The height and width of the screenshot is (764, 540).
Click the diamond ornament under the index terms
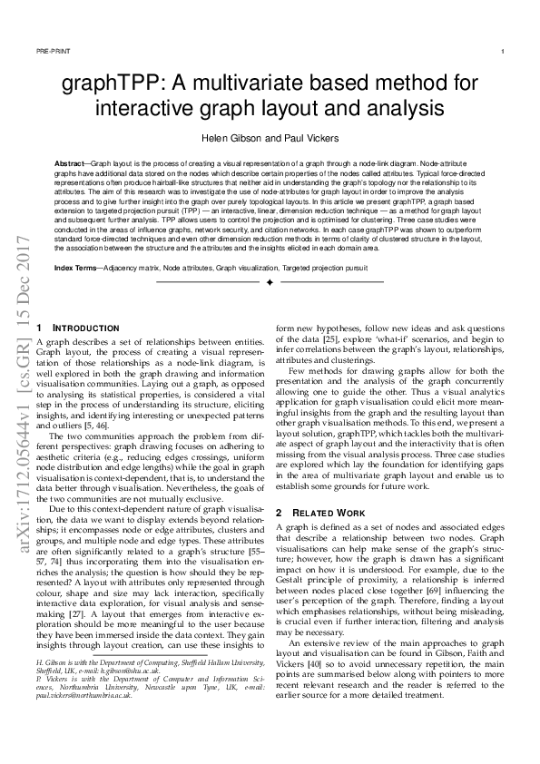tap(270, 284)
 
